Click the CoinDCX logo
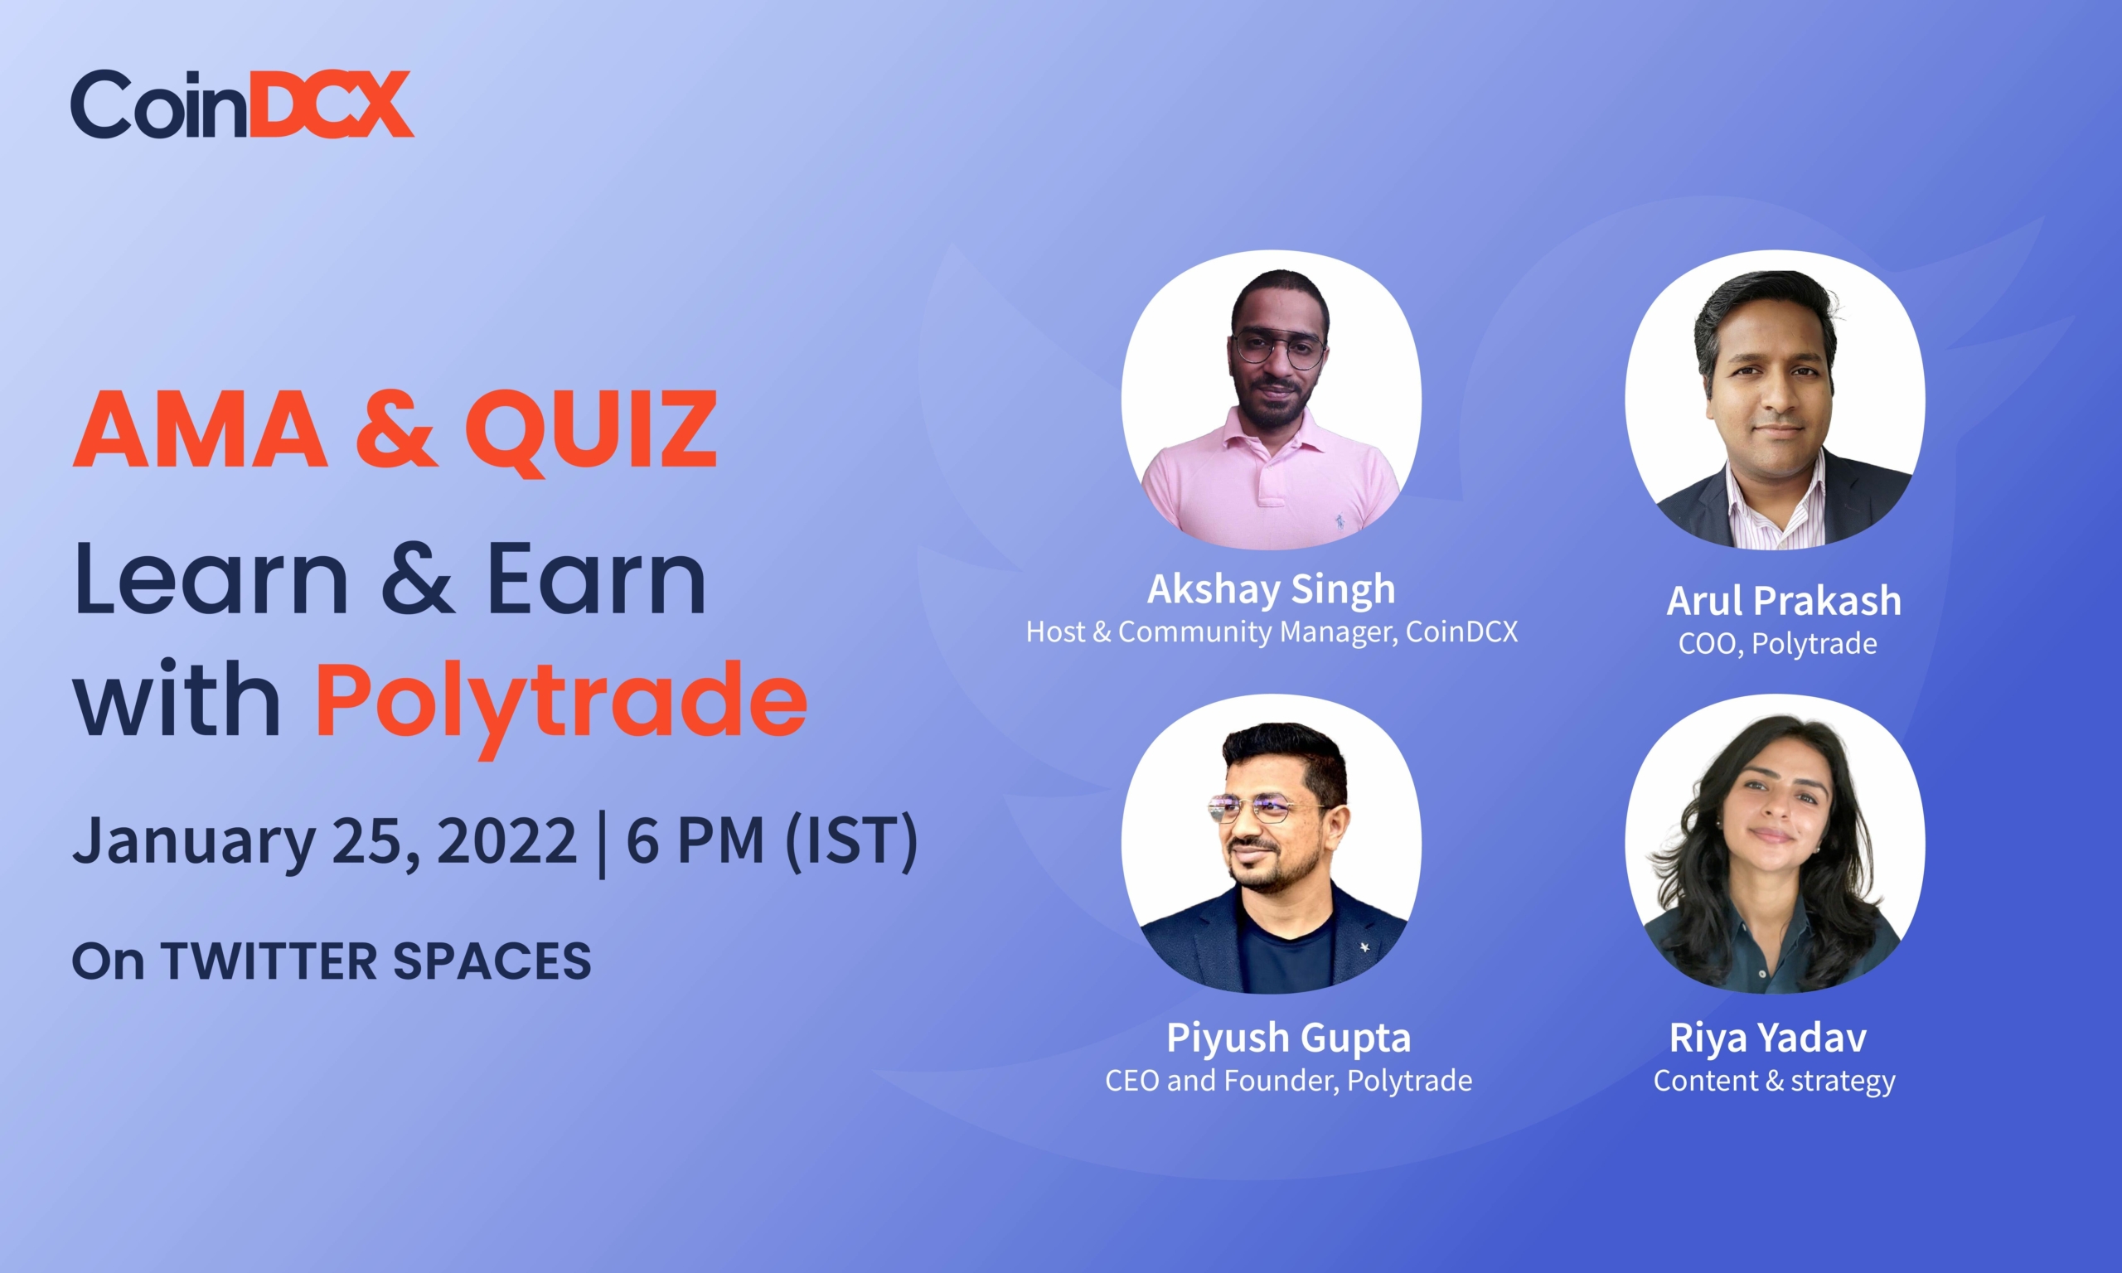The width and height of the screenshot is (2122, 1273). [242, 104]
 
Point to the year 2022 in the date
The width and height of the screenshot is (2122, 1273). [507, 840]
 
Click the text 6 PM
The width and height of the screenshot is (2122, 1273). [695, 840]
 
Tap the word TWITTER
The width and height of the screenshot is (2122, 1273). [269, 961]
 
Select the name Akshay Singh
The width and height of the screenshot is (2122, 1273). [1272, 589]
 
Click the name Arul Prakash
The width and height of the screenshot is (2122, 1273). [1784, 601]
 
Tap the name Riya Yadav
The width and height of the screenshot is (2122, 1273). [1768, 1038]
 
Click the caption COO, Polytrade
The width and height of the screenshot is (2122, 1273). [1777, 644]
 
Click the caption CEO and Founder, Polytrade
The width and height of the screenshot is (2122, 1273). [1288, 1081]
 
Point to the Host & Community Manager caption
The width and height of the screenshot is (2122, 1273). [1272, 632]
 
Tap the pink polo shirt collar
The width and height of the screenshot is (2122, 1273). [1274, 438]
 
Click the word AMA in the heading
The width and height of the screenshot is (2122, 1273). [200, 429]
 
